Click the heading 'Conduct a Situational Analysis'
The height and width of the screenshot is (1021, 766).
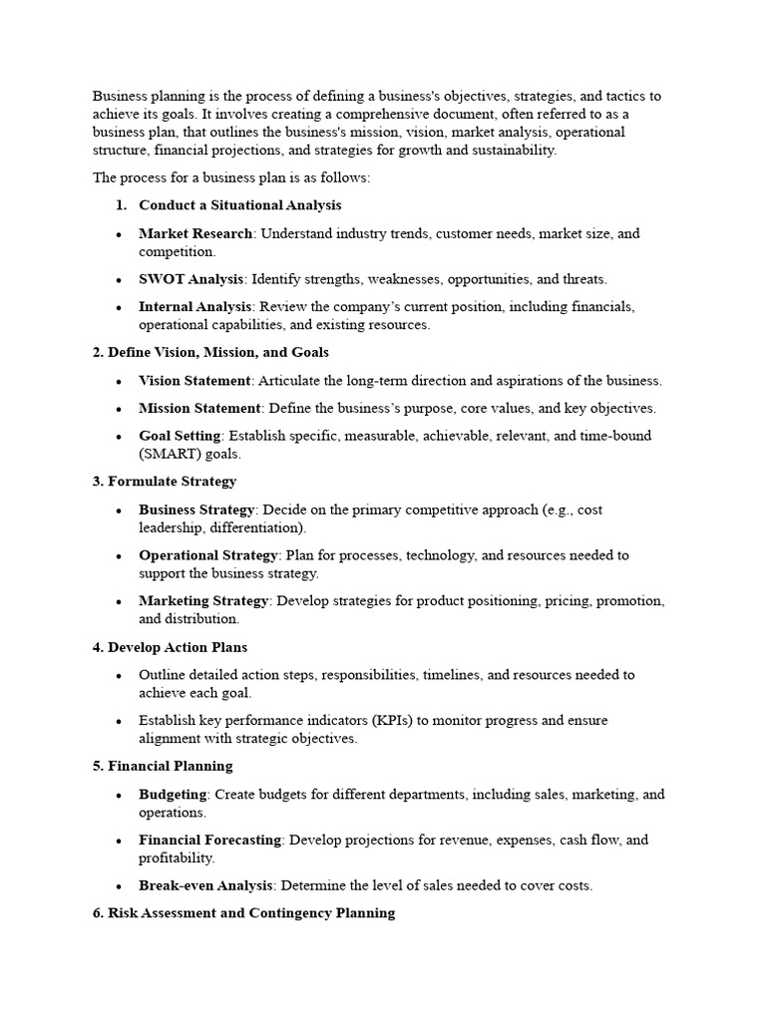tap(239, 205)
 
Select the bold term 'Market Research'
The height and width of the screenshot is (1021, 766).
tap(195, 233)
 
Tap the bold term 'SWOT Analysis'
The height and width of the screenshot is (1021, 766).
tap(191, 279)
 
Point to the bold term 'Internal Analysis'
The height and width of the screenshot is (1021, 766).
tap(195, 307)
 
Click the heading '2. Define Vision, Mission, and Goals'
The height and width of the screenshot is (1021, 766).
tap(210, 353)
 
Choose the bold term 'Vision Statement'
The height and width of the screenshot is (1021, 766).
tap(194, 381)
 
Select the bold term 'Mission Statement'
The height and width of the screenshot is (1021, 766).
tap(199, 409)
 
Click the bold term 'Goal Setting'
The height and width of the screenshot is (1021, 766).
tap(181, 437)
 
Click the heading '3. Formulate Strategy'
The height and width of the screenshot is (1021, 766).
tap(165, 482)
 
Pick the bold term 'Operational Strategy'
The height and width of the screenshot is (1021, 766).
tap(208, 555)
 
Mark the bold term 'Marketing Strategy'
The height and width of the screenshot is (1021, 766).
tap(203, 601)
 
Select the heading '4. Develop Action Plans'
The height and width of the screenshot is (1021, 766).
tap(170, 647)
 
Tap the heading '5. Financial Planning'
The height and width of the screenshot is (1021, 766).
tap(163, 766)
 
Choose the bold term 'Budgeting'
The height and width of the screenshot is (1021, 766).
tap(173, 795)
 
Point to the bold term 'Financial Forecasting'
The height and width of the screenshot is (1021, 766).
tap(209, 841)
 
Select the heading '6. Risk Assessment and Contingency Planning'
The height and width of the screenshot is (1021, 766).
tap(243, 913)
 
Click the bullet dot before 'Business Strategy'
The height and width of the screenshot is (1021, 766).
tap(119, 510)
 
